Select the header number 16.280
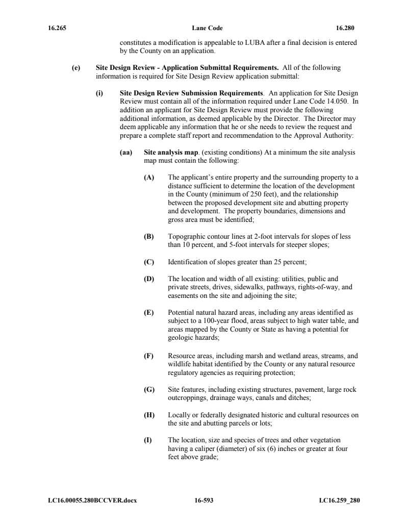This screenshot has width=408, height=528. (x=345, y=28)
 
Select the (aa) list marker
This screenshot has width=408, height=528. (x=125, y=153)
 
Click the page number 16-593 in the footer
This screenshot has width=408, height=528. (x=203, y=500)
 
